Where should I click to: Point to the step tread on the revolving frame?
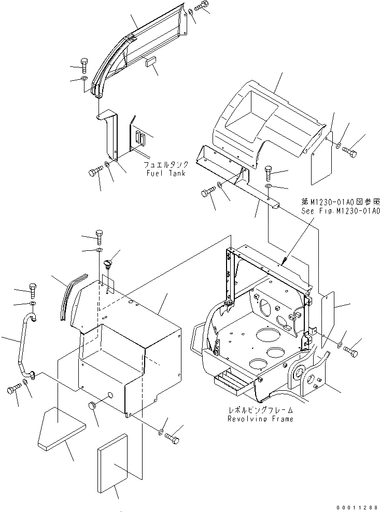coord(236,380)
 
